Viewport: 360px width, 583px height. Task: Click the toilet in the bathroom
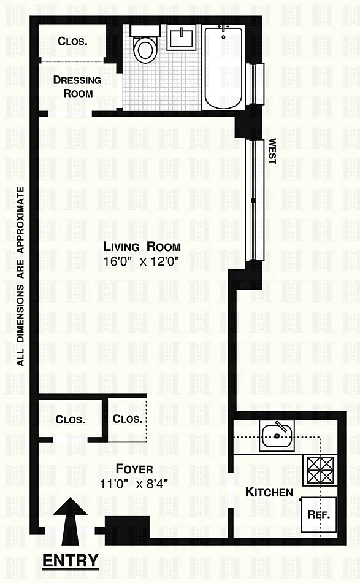point(145,45)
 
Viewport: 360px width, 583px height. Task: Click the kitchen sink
point(277,436)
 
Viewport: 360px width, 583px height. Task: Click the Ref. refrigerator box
point(319,515)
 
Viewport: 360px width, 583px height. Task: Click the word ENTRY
point(70,560)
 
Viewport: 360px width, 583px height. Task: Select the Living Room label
point(142,247)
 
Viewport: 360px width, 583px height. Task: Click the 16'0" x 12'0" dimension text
point(142,261)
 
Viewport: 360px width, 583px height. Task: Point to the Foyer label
point(134,469)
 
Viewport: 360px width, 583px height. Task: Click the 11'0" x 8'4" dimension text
point(134,484)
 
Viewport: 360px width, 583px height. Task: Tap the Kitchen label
point(269,492)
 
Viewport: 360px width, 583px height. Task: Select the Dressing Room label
point(77,87)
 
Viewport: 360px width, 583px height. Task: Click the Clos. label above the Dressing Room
point(72,41)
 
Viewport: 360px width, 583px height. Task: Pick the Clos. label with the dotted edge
point(128,419)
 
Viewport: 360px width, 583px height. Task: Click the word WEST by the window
point(272,152)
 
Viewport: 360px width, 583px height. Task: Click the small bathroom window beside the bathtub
point(256,83)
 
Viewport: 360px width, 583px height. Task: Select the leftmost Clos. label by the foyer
point(70,419)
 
